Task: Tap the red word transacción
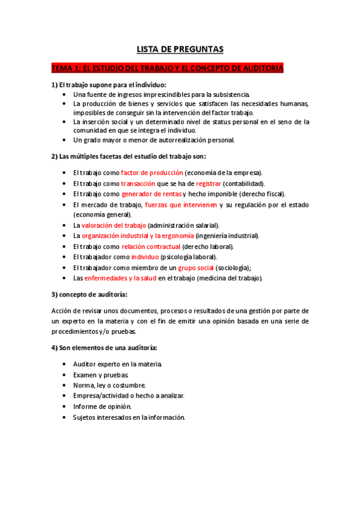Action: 138,183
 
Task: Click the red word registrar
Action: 209,183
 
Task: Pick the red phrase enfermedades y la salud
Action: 120,278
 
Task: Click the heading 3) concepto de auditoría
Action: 89,295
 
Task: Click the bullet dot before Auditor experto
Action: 64,364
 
